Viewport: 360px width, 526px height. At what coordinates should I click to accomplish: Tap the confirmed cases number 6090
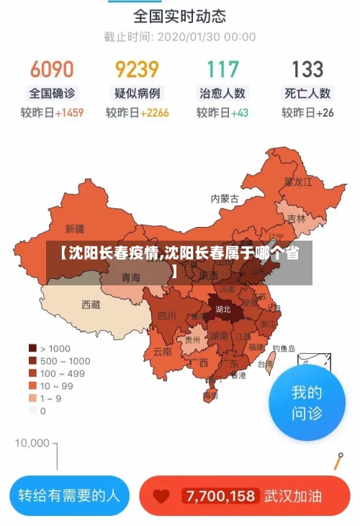tap(51, 69)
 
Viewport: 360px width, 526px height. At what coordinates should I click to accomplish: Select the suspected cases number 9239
tap(137, 69)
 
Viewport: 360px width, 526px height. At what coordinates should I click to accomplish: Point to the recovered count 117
tap(222, 69)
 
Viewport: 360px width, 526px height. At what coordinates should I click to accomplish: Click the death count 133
tap(307, 69)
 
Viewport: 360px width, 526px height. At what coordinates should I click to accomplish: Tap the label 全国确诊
tap(51, 93)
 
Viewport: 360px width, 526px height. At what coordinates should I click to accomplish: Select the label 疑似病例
tap(137, 93)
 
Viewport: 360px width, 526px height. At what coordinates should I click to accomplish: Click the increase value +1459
tap(69, 112)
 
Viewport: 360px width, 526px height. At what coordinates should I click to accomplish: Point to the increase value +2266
tap(155, 112)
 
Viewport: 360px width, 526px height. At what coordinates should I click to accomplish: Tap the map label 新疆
tap(75, 229)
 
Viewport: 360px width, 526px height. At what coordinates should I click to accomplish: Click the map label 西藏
tap(91, 304)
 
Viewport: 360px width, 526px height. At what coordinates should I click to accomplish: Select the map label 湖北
tap(223, 309)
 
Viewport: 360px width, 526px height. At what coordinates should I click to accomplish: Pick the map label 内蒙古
tap(224, 198)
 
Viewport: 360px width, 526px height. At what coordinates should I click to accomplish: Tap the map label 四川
tap(167, 315)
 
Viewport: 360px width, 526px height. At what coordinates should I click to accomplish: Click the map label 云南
tap(163, 352)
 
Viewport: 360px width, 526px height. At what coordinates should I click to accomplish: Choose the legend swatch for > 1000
tap(32, 347)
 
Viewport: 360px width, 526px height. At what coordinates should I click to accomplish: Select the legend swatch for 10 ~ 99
tap(32, 385)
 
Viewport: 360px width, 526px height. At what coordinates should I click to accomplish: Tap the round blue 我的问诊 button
tap(307, 403)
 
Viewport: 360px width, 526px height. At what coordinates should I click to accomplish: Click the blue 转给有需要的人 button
tap(69, 496)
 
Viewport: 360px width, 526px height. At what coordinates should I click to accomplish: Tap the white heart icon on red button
tap(162, 496)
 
